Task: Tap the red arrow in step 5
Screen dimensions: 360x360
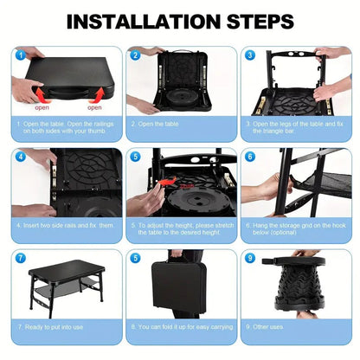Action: coord(167,183)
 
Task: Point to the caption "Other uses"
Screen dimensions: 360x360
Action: coord(270,327)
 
